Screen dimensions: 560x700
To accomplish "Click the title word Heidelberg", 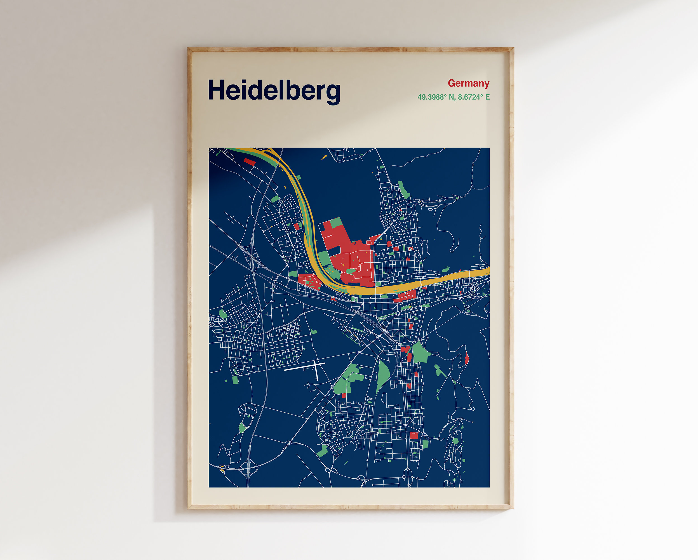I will (x=274, y=91).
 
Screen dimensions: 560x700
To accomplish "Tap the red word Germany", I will (x=469, y=83).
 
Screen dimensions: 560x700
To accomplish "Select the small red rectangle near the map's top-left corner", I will (x=249, y=162).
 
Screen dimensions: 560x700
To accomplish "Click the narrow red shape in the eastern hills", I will (x=467, y=358).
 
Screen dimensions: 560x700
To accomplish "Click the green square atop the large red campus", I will (x=336, y=223).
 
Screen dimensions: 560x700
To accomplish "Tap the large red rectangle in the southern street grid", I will (x=413, y=436).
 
